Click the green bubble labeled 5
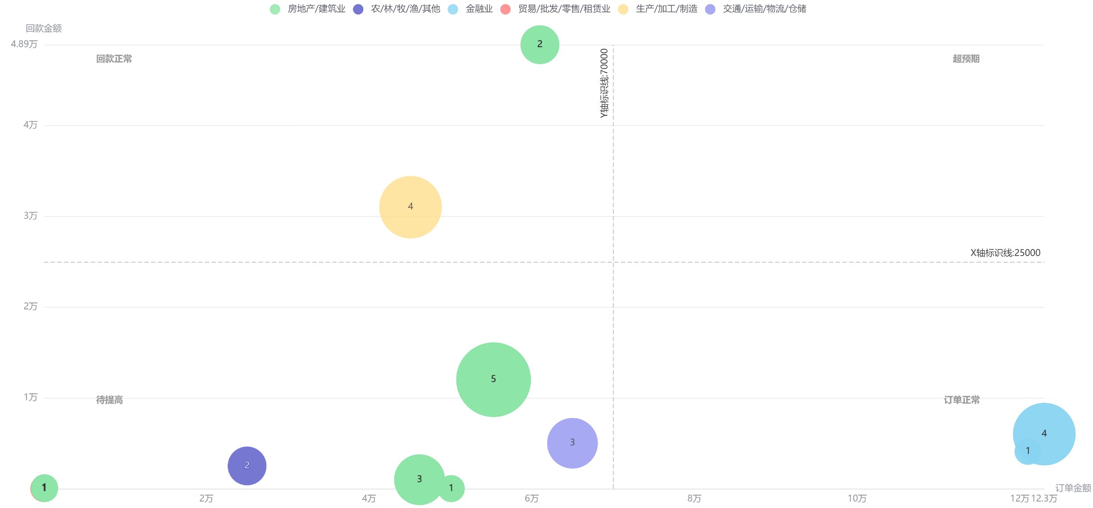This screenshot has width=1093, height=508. (493, 379)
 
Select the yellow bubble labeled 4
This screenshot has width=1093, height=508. (410, 207)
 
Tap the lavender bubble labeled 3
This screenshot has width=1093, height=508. (572, 442)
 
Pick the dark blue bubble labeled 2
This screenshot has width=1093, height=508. (247, 465)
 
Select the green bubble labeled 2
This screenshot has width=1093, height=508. (539, 44)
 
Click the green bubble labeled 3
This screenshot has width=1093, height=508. (419, 479)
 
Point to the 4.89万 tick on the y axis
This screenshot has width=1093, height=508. (24, 44)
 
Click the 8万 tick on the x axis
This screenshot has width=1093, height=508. (694, 499)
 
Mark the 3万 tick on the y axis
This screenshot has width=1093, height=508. (30, 216)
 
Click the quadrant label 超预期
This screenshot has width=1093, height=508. (966, 59)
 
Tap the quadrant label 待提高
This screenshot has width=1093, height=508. (109, 400)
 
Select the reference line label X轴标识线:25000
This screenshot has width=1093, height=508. (1005, 253)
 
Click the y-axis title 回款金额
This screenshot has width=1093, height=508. (44, 28)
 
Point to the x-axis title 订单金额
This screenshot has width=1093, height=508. (1073, 488)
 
